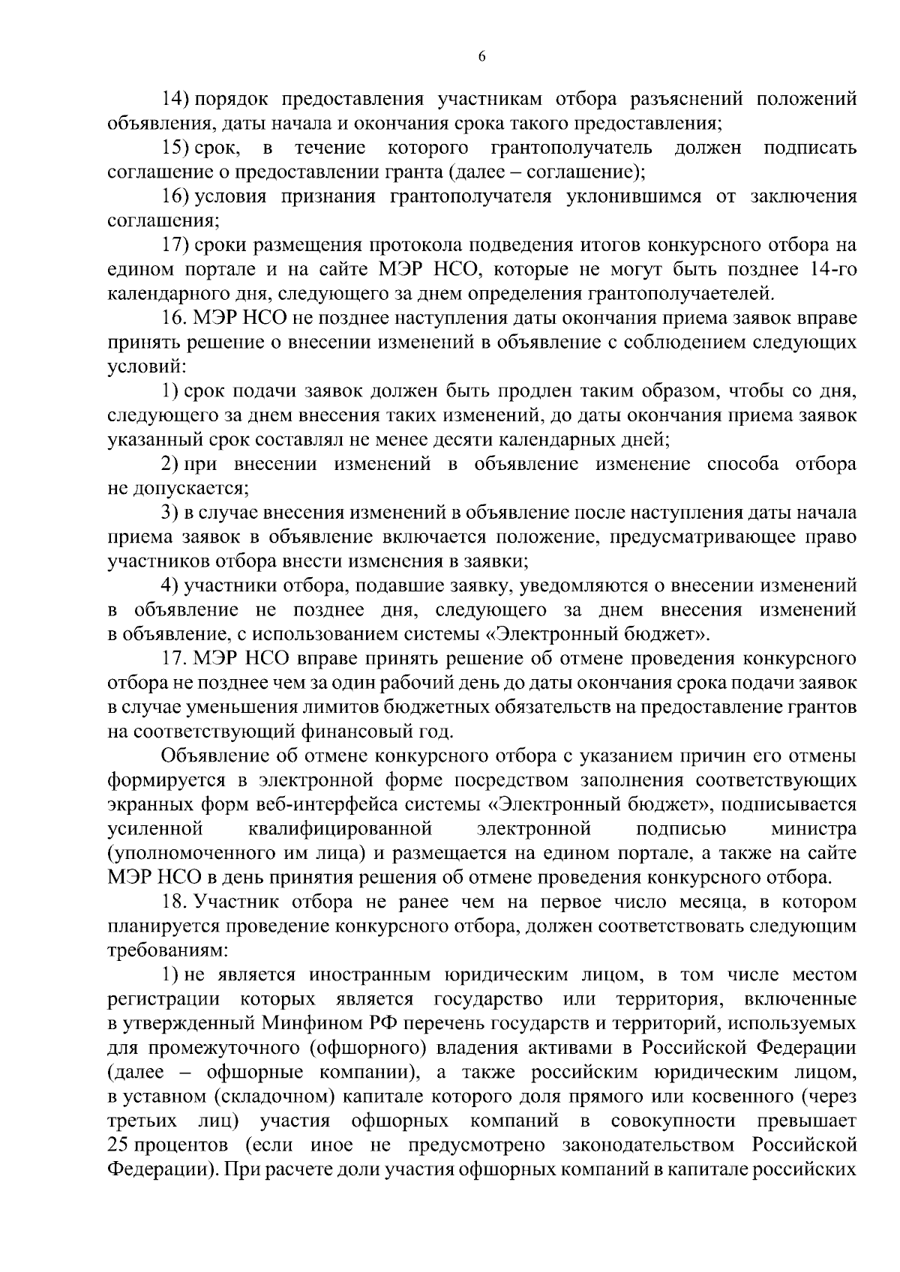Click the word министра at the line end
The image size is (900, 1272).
tap(813, 828)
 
